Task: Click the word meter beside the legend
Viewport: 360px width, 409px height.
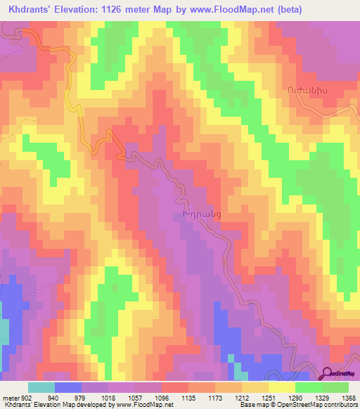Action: pyautogui.click(x=11, y=397)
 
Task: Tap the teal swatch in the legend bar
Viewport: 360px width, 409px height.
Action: pyautogui.click(x=41, y=387)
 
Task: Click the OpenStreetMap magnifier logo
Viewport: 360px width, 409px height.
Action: pyautogui.click(x=328, y=375)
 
